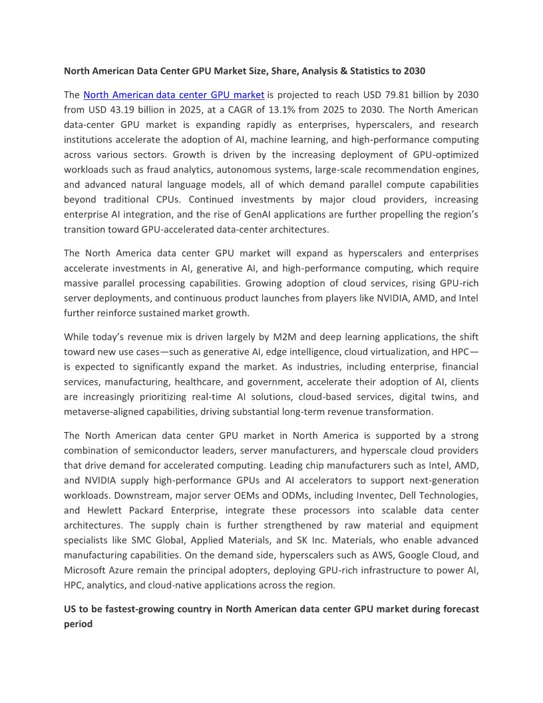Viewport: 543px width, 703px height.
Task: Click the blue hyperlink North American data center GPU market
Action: point(174,95)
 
